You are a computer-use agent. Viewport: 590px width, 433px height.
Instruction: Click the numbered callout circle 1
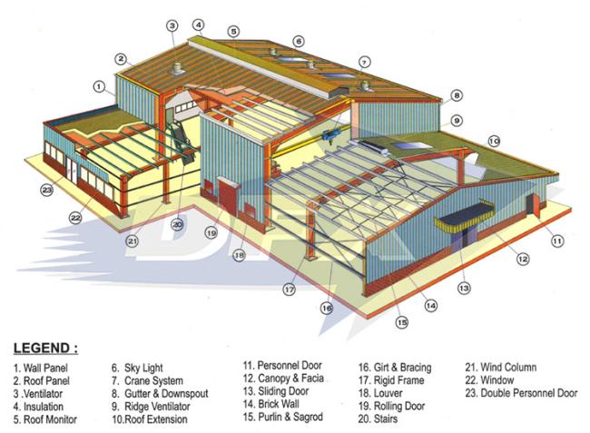[x=98, y=86]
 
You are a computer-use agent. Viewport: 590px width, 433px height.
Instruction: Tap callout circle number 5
[x=233, y=31]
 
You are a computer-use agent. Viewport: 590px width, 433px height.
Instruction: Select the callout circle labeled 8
[x=457, y=94]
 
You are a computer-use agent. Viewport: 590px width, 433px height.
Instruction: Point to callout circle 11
[x=557, y=241]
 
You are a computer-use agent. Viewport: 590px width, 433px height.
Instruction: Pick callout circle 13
[x=464, y=289]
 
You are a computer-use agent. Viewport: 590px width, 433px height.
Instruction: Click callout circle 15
[x=400, y=321]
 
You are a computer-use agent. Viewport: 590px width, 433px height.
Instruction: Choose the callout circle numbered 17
[x=290, y=290]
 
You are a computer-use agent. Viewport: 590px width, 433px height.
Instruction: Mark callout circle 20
[x=178, y=224]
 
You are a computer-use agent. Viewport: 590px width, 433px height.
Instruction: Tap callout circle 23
[x=46, y=190]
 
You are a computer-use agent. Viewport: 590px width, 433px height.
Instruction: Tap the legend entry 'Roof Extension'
[x=150, y=420]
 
